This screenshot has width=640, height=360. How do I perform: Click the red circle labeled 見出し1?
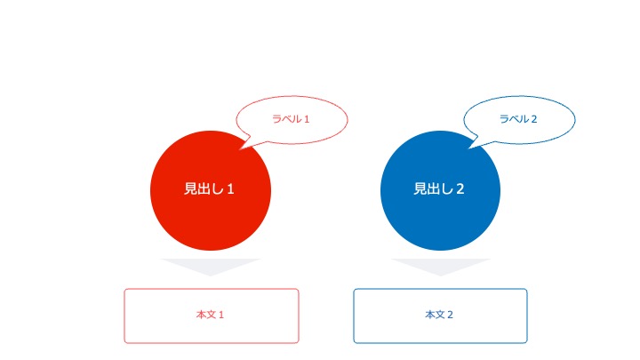(x=211, y=190)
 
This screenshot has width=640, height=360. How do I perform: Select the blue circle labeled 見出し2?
(x=440, y=190)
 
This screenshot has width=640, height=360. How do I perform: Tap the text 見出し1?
(x=209, y=188)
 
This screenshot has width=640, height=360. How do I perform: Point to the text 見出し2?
(x=439, y=188)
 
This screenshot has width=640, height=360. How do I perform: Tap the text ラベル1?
(x=291, y=119)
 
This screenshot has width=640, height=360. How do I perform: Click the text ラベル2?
(x=518, y=119)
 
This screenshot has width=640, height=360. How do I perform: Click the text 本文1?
(x=210, y=315)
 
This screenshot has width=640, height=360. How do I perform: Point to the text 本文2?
(x=439, y=315)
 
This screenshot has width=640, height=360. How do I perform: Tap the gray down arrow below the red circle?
(x=211, y=265)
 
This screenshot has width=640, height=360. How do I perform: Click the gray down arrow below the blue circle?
(x=440, y=265)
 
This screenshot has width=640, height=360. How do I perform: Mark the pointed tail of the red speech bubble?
(x=240, y=149)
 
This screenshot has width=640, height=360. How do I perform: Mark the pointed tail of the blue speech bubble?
(x=468, y=148)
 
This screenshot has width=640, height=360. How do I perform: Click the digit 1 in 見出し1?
(x=230, y=189)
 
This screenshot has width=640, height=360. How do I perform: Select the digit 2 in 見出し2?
(x=460, y=189)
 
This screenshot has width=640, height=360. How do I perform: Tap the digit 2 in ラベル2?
(x=534, y=119)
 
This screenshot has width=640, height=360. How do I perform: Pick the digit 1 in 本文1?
(x=221, y=315)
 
